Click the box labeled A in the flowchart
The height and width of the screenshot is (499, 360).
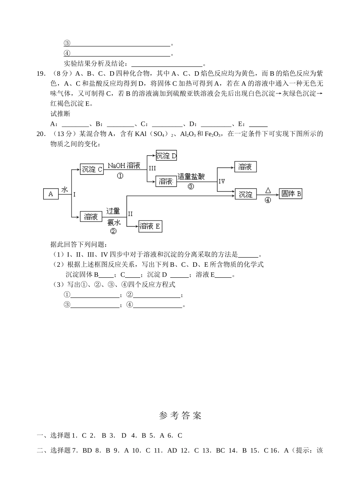51,194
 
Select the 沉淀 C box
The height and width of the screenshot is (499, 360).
92,169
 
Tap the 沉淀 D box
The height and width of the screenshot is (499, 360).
166,156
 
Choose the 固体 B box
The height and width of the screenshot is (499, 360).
291,194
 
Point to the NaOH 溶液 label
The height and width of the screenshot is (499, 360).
124,166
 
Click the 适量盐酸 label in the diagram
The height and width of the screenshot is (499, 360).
191,177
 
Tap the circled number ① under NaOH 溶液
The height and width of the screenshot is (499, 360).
120,176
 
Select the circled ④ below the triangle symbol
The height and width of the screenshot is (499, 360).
268,200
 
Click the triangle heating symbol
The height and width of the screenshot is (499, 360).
268,190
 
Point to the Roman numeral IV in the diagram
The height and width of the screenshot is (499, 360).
222,181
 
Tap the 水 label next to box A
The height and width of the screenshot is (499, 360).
64,189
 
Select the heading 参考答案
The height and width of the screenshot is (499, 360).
180,416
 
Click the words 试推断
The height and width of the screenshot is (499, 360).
60,114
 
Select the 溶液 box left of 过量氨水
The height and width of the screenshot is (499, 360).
91,216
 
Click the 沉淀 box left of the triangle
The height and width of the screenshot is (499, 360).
246,194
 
